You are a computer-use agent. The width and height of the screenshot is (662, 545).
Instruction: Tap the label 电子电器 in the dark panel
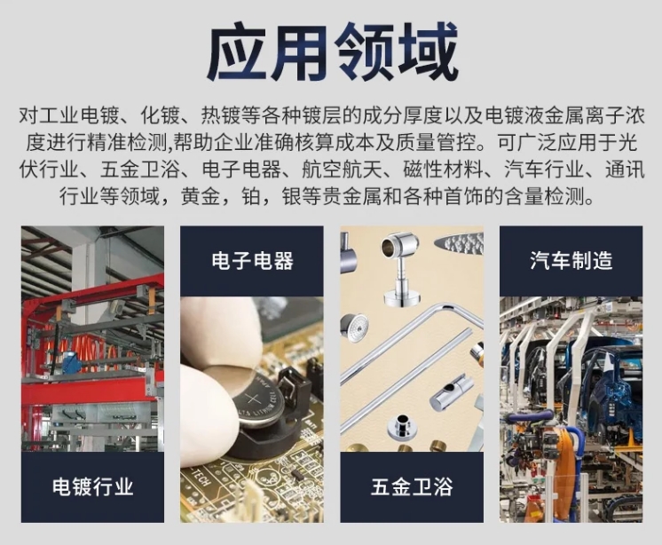253,260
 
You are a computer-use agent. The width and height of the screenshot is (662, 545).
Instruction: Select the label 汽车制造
571,260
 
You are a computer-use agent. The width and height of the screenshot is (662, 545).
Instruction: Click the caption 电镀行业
93,486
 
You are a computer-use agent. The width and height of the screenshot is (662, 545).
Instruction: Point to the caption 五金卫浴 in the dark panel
412,486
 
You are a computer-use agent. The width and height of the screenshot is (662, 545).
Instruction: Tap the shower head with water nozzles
459,243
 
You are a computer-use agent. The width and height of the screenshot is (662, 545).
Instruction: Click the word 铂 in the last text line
250,196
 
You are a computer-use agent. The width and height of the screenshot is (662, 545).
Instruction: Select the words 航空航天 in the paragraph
341,170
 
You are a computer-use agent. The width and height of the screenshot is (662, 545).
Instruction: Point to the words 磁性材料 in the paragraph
443,170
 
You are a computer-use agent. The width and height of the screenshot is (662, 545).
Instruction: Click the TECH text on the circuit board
201,478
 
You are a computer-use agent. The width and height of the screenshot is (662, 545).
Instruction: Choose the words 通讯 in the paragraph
625,170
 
